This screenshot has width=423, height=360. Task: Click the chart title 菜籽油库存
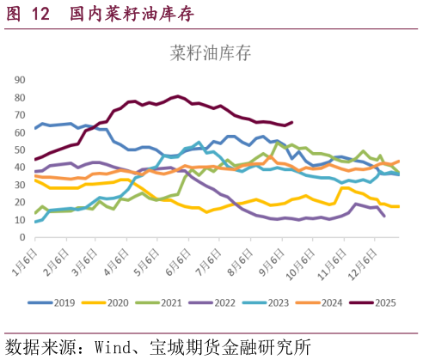[211, 54]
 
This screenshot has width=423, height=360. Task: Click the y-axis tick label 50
[21, 149]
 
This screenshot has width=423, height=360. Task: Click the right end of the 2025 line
[292, 122]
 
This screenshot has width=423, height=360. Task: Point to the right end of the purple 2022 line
[383, 217]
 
